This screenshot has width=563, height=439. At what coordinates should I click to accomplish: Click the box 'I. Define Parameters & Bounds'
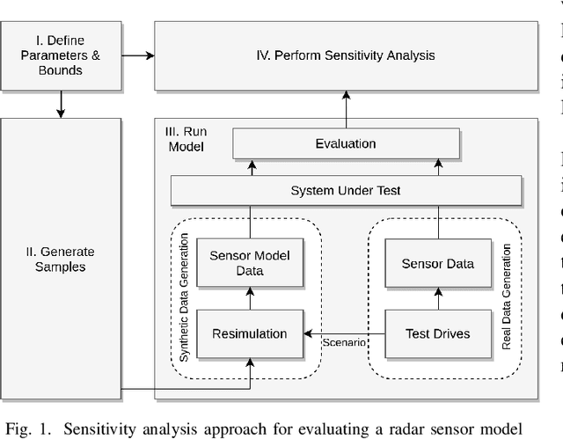coord(60,55)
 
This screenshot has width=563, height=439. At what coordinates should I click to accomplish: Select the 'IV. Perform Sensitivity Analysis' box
coord(346,56)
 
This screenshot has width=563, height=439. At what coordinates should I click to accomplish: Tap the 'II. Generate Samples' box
coord(60,253)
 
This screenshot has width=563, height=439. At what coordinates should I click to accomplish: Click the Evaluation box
coord(346,143)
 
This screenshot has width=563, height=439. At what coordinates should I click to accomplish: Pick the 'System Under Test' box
coord(346,190)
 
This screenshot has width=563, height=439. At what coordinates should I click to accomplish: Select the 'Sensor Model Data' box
coord(250,263)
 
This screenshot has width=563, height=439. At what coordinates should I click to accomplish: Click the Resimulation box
coord(250,333)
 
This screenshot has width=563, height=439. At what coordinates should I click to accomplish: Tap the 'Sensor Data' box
coord(437,263)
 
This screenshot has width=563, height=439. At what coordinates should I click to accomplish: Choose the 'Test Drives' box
coord(437,333)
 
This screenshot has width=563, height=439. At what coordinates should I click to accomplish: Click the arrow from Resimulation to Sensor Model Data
coord(250,299)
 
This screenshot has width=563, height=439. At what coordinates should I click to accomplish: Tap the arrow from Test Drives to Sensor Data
coord(437,299)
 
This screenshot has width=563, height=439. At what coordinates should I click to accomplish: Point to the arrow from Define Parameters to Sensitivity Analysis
coord(136,55)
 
